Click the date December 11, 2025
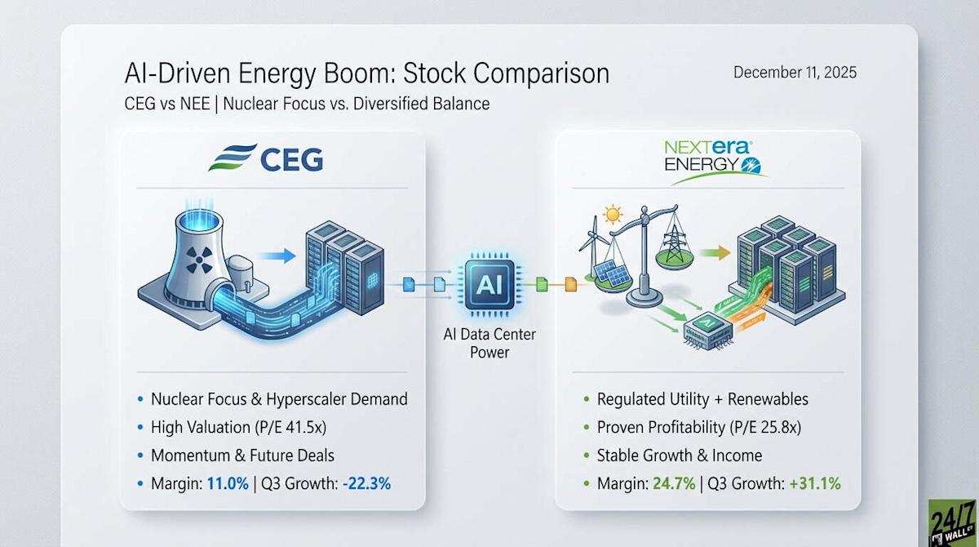click(x=795, y=72)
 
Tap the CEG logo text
click(x=291, y=159)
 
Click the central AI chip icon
click(x=489, y=285)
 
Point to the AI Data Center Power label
click(x=489, y=343)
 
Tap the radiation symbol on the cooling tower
click(x=199, y=260)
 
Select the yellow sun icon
click(x=613, y=214)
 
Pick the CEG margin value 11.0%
click(x=228, y=483)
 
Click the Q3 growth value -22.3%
click(x=366, y=483)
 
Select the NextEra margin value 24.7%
click(x=674, y=483)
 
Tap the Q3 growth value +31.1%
click(x=815, y=483)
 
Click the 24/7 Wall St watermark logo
click(x=953, y=523)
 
